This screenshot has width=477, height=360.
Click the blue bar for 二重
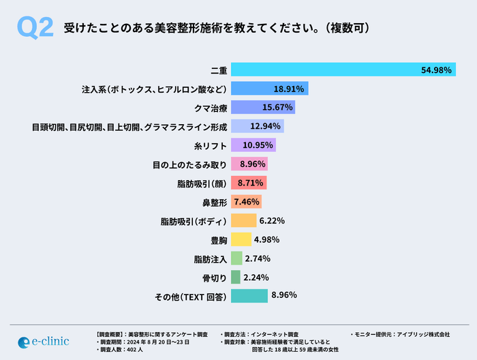tap(327, 70)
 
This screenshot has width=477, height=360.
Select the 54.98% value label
tap(436, 70)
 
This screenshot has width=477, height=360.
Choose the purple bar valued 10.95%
tap(253, 145)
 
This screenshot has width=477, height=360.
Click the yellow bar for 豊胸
tap(241, 239)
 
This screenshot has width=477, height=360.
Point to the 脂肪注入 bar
tap(236, 258)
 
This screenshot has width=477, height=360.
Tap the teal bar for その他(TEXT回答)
tap(249, 296)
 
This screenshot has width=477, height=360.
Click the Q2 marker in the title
tap(34, 29)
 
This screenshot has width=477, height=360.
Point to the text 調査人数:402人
tap(119, 349)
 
